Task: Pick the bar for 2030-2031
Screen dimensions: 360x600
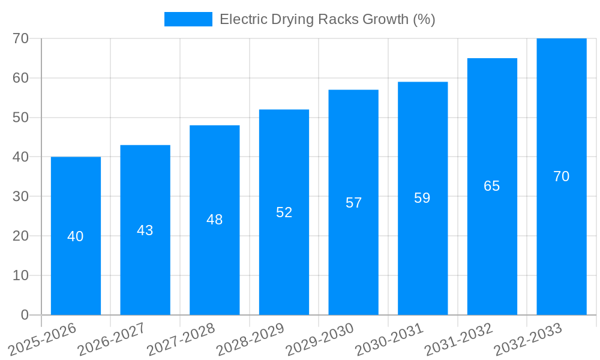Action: point(422,252)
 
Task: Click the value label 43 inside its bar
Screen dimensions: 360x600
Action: point(145,230)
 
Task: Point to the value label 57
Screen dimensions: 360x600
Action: point(353,203)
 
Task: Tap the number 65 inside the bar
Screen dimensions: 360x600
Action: point(491,186)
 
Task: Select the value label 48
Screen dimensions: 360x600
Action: point(214,220)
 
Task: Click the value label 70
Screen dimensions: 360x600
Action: point(561,176)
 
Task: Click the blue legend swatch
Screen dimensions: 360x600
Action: point(188,19)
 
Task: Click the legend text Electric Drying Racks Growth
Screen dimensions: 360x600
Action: point(327,19)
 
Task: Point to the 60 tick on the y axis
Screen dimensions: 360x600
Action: point(20,78)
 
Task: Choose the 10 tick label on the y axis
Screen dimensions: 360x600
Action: point(20,275)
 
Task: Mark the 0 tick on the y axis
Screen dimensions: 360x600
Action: point(25,315)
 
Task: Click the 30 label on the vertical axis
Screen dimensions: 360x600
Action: point(20,196)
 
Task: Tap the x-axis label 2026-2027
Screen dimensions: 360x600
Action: point(112,339)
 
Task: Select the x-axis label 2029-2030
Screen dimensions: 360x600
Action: point(320,339)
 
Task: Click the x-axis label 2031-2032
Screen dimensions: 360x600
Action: point(459,339)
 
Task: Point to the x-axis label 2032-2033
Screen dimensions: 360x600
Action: point(528,339)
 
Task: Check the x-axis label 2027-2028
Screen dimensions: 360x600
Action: point(181,339)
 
